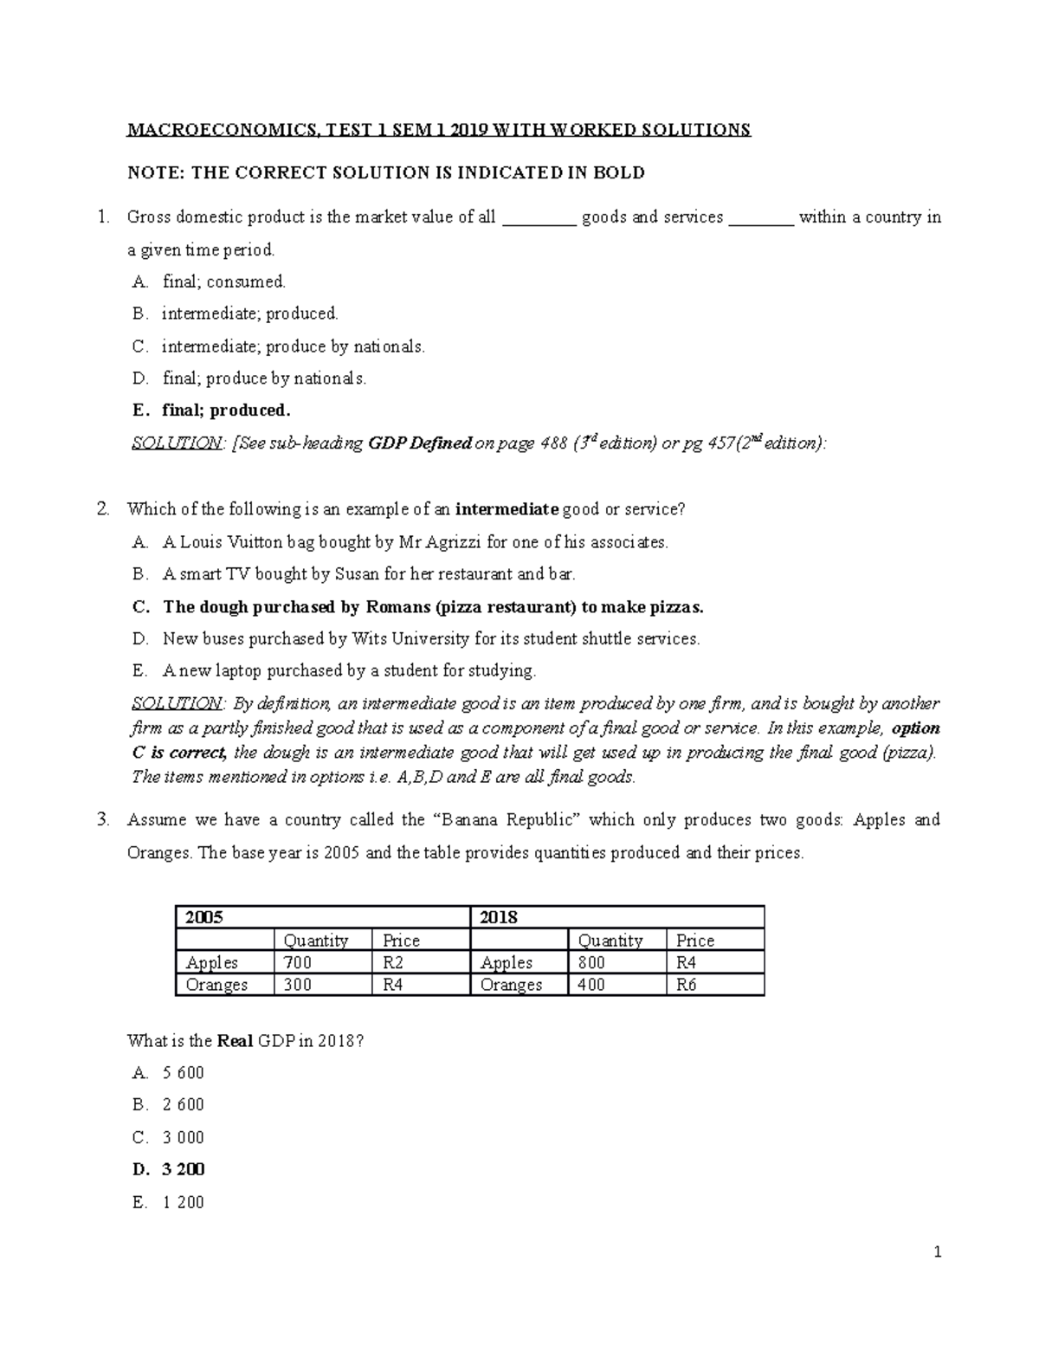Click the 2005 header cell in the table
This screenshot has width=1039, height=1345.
[204, 917]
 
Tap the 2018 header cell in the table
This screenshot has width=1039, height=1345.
[499, 917]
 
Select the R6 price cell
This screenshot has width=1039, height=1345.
[686, 985]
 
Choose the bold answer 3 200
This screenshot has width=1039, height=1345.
[183, 1169]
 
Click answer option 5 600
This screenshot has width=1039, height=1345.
[183, 1073]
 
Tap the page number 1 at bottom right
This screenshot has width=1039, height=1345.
[937, 1251]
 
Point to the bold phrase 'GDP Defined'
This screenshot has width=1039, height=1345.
[420, 443]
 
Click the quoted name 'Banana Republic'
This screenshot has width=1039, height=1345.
[504, 819]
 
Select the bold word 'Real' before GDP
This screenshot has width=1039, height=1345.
[235, 1041]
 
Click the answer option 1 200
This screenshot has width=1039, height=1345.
[183, 1202]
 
